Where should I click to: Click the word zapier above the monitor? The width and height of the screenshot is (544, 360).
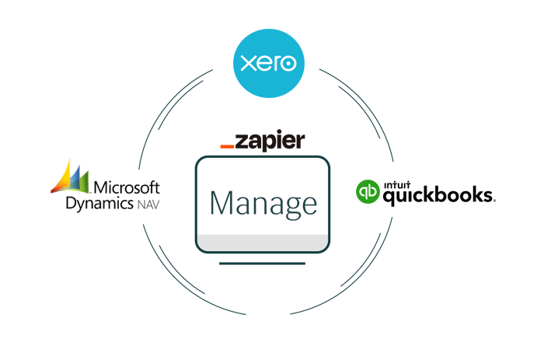(x=271, y=142)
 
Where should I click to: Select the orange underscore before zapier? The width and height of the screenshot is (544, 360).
(x=227, y=145)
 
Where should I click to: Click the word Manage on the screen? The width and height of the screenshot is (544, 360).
(x=263, y=204)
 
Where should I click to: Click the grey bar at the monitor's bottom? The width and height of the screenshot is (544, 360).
(x=262, y=242)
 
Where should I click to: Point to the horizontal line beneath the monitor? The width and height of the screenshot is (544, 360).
(x=262, y=264)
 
